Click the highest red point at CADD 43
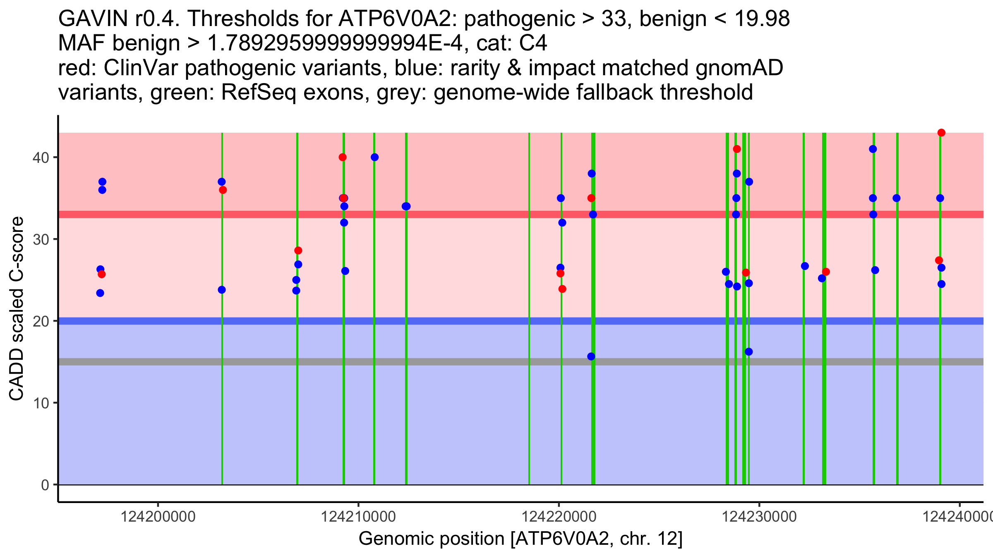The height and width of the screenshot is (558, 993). pos(941,133)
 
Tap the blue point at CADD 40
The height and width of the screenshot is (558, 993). pos(374,157)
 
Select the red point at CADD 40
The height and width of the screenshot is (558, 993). pos(343,157)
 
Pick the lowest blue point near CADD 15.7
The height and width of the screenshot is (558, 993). pos(591,356)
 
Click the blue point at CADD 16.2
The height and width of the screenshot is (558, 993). pos(748,352)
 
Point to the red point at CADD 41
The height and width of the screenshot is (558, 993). pos(737,149)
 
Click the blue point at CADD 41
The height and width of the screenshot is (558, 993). pos(873,149)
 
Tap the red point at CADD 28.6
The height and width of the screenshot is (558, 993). pos(298,250)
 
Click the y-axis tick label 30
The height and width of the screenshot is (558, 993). pos(41,239)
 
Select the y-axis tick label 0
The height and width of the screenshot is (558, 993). pos(45,485)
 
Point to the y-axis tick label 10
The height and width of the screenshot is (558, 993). pos(41,403)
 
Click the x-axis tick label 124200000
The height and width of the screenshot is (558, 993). pos(158,517)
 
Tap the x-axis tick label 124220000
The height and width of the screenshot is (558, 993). pos(559,517)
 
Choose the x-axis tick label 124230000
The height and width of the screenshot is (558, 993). pos(759,517)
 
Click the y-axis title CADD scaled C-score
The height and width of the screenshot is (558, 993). pos(17,308)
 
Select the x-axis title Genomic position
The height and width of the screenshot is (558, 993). pos(520,539)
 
